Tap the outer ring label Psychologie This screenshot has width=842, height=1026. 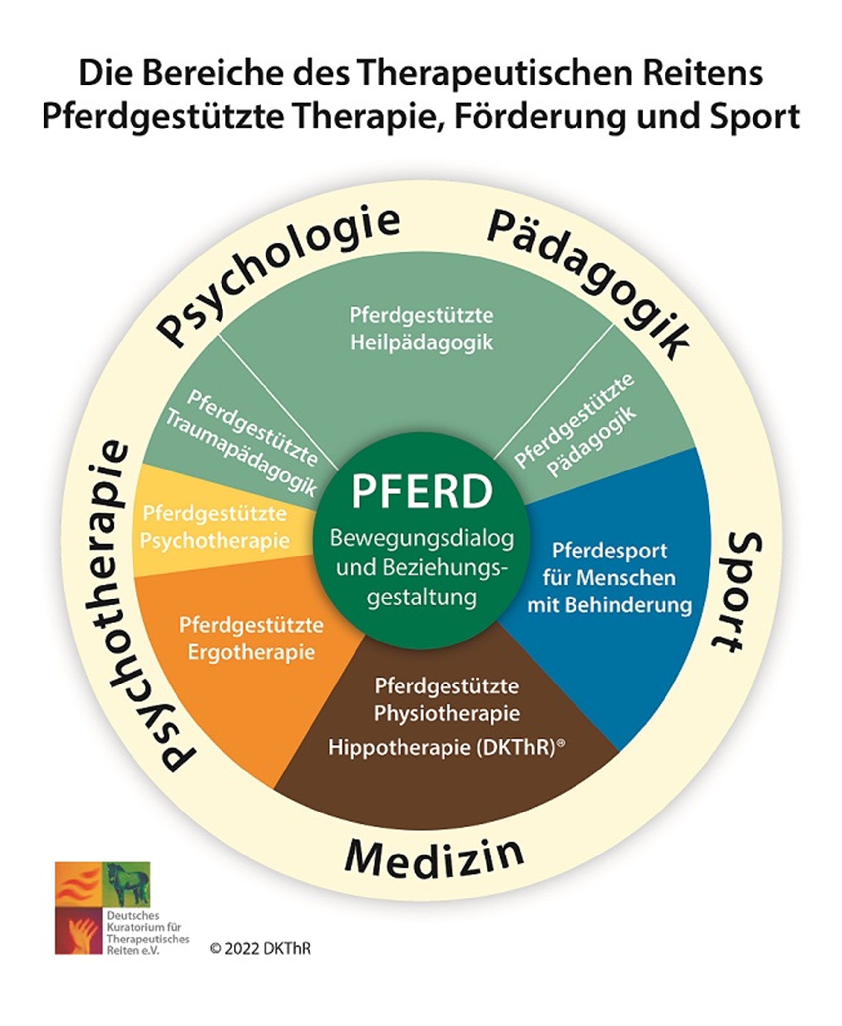point(277,277)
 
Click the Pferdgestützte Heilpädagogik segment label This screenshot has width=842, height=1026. point(422,329)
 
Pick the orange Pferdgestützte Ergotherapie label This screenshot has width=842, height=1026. point(252,639)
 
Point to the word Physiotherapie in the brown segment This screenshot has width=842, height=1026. point(446,714)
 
